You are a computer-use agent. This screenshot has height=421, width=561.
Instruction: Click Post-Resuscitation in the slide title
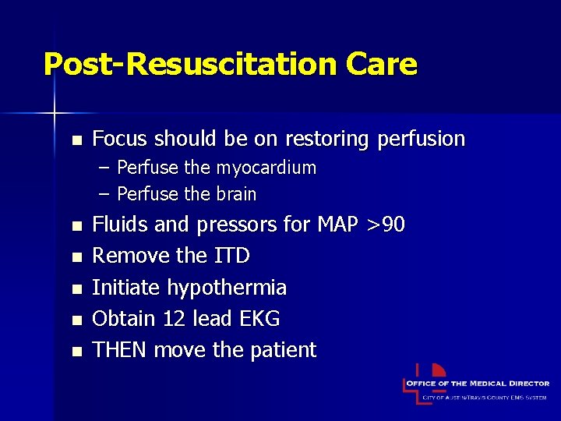[189, 64]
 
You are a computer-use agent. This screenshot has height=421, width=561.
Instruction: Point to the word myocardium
[266, 168]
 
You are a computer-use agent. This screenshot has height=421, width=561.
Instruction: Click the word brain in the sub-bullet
[237, 193]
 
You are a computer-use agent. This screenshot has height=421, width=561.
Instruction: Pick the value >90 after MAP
[384, 225]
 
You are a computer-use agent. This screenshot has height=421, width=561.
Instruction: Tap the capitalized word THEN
[120, 349]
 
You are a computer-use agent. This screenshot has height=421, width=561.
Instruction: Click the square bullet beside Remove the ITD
[76, 257]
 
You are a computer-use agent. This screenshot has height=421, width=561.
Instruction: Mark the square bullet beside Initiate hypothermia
[76, 288]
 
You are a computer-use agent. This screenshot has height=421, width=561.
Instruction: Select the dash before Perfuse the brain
[104, 193]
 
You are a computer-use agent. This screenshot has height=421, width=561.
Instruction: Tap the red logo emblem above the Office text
[438, 370]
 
